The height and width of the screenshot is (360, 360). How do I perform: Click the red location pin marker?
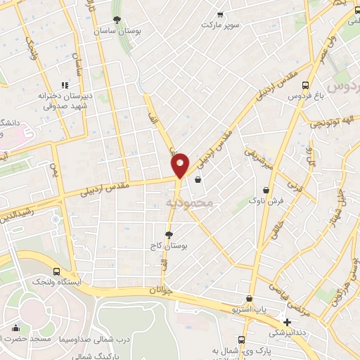[x=181, y=165]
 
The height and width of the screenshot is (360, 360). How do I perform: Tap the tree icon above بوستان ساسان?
[x=116, y=20]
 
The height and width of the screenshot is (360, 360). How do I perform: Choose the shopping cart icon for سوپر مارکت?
[x=220, y=14]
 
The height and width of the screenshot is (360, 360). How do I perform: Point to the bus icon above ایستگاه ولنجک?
[x=57, y=271]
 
